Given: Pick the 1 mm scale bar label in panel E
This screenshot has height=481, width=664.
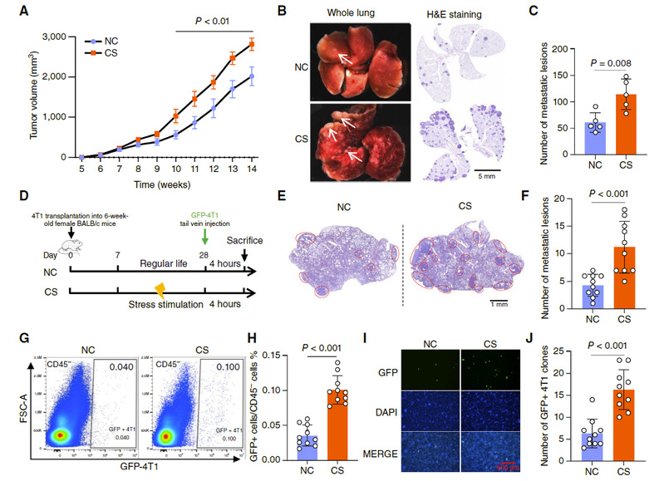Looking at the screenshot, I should tap(499, 304).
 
